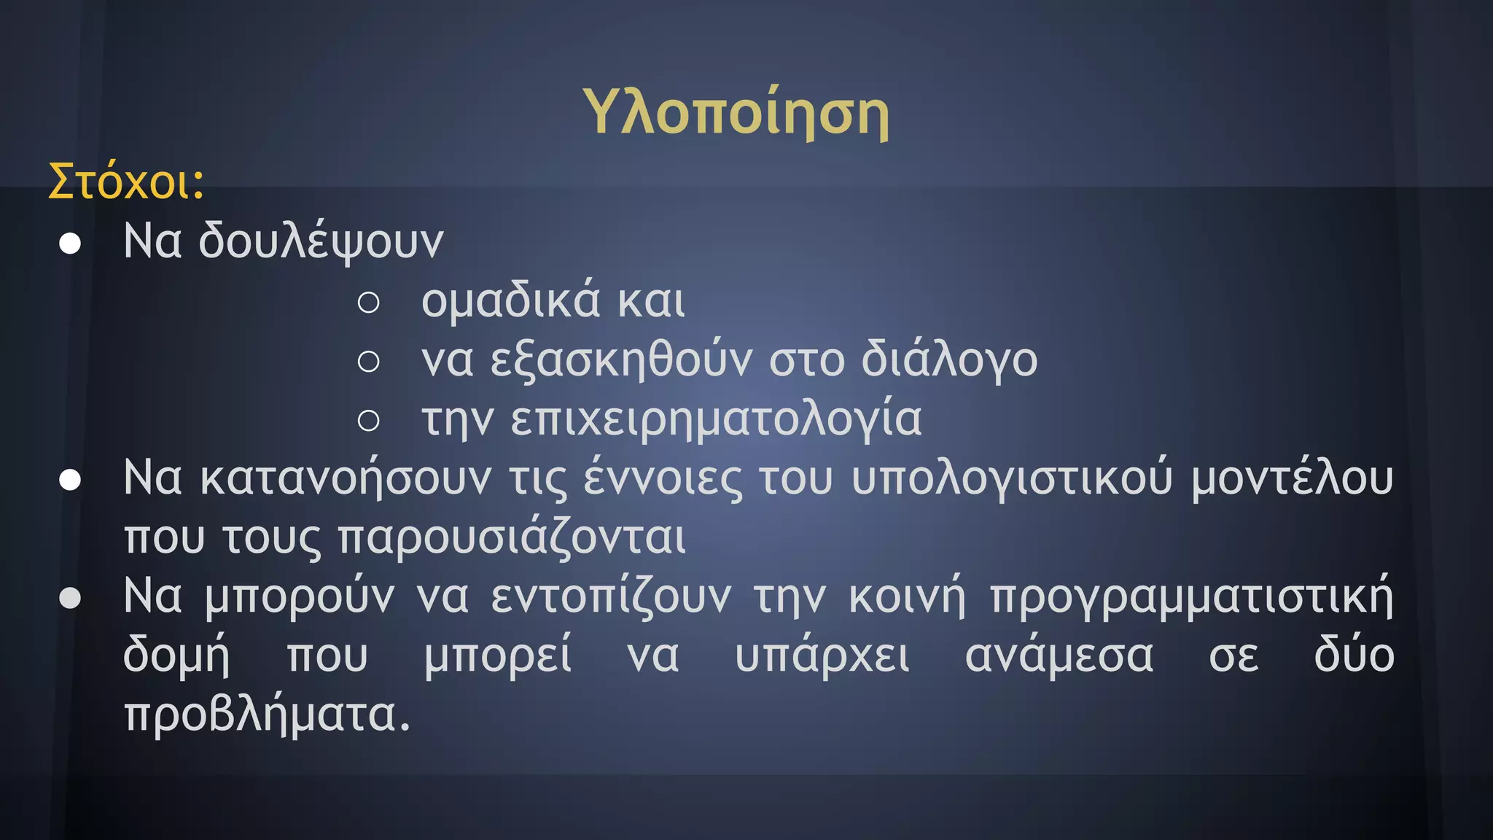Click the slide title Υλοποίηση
coord(736,113)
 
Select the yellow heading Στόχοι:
coord(126,182)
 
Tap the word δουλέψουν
coord(321,242)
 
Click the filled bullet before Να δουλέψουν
coord(70,244)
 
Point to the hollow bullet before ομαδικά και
coord(369,303)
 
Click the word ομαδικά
coord(511,301)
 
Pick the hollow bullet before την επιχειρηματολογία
coord(369,421)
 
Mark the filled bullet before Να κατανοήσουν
coord(70,480)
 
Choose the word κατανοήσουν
coord(346,479)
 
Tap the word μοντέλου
coord(1292,479)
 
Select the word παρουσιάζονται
coord(512,539)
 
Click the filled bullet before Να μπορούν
coord(70,599)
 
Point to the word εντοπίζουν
coord(610,597)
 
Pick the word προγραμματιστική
coord(1191,597)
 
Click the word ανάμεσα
coord(1059,656)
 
